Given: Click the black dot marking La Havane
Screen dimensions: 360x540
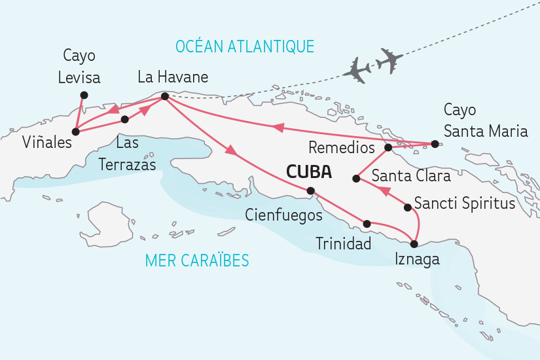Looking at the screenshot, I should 164,97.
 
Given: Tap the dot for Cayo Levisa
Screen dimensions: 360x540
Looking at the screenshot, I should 83,95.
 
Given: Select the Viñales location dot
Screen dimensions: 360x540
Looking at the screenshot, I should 75,132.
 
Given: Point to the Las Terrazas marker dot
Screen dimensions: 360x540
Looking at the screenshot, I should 124,119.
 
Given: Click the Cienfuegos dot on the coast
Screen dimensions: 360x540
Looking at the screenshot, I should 311,191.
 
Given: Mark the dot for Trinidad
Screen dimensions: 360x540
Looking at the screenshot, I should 367,224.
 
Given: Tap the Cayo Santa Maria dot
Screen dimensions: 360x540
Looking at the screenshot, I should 433,144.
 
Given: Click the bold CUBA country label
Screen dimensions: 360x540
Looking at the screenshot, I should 308,173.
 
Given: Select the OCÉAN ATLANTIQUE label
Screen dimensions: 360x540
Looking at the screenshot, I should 245,46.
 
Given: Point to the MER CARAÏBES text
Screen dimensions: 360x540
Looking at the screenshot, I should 197,261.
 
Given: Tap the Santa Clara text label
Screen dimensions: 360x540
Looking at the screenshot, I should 411,176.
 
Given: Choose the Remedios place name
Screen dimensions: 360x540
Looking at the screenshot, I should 341,148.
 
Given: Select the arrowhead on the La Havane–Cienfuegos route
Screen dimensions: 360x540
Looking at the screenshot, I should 230,152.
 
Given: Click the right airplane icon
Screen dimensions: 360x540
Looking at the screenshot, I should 391,60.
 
